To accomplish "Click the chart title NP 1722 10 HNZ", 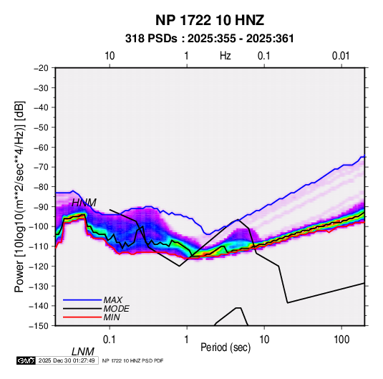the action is coord(210,20).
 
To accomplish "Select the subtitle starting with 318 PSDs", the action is coord(209,39).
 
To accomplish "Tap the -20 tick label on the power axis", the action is coord(41,68).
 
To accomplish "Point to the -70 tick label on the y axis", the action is coord(41,167).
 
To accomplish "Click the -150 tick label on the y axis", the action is coord(39,326).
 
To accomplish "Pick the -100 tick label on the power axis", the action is coord(39,226).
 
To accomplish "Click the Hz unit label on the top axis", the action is coord(226,56).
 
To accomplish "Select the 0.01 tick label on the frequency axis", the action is coord(341,56).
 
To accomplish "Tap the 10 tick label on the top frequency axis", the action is coord(110,56).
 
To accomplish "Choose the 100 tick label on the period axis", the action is coord(341,340).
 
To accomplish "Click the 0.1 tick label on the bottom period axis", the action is coord(110,340).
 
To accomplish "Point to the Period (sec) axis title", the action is coord(226,347).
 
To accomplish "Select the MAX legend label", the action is coord(113,300).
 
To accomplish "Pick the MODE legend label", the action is coord(116,309).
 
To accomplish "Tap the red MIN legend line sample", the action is coord(82,317).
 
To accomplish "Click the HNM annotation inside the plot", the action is coord(84,203).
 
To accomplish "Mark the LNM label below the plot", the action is coord(83,352).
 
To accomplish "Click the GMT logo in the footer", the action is coord(26,360).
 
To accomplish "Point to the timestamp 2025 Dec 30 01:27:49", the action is coord(67,360).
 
